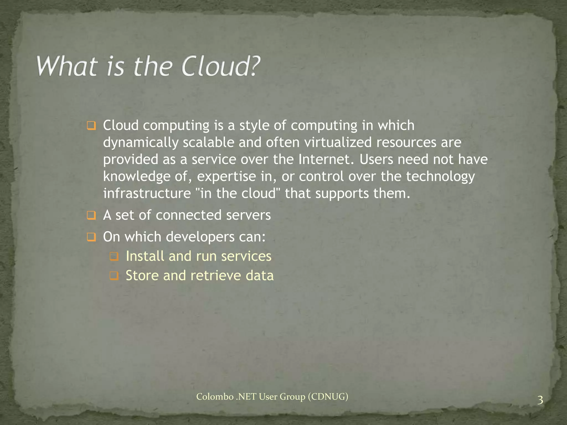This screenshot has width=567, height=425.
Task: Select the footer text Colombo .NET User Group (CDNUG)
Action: point(272,397)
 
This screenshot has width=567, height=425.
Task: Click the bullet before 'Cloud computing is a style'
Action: point(91,126)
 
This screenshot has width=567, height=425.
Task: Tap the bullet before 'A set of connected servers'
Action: point(91,216)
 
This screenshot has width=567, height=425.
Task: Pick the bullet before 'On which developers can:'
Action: point(91,237)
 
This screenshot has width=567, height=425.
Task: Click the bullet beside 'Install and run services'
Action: point(114,257)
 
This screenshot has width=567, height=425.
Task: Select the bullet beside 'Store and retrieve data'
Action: point(114,276)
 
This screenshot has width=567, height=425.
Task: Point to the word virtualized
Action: point(338,142)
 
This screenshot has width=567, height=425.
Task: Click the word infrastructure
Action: point(147,193)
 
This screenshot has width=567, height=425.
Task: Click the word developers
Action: point(200,237)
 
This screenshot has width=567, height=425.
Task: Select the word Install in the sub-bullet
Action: point(145,256)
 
